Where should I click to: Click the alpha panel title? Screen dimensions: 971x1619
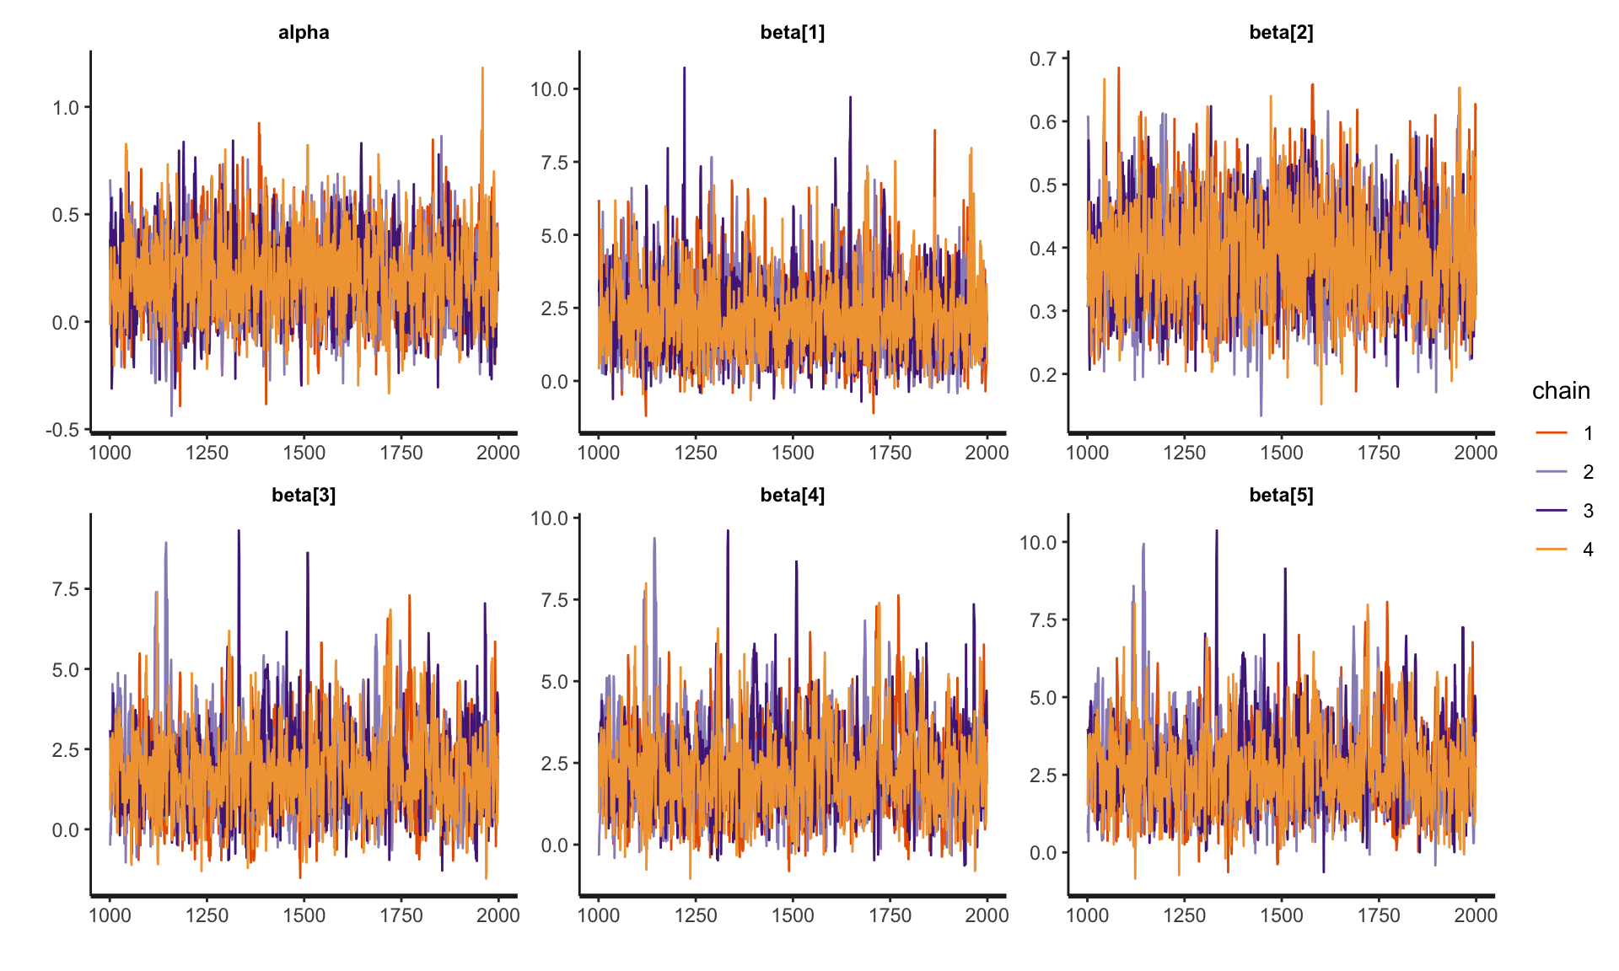[x=304, y=33]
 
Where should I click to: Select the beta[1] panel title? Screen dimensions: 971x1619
[x=792, y=33]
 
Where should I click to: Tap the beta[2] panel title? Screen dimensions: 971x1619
[x=1281, y=33]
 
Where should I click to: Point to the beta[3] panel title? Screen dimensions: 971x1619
[x=304, y=495]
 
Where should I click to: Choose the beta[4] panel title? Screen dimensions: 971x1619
[x=792, y=495]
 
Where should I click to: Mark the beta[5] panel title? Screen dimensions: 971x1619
[x=1281, y=495]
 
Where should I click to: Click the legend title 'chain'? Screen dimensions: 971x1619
[x=1561, y=391]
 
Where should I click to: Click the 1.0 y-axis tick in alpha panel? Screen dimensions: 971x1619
[x=66, y=108]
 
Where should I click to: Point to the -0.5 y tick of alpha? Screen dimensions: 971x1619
[x=62, y=430]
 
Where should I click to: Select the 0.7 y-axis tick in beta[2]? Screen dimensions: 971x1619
[x=1043, y=59]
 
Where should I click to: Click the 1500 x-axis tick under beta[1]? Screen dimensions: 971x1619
[x=792, y=453]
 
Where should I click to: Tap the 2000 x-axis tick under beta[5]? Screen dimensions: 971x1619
[x=1475, y=915]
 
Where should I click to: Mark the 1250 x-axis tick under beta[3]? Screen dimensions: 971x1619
[x=207, y=915]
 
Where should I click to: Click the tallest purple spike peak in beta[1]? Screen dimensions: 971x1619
[x=684, y=68]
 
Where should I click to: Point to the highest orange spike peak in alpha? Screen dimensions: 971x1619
[x=482, y=68]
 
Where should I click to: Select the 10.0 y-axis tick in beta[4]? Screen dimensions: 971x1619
[x=549, y=518]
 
